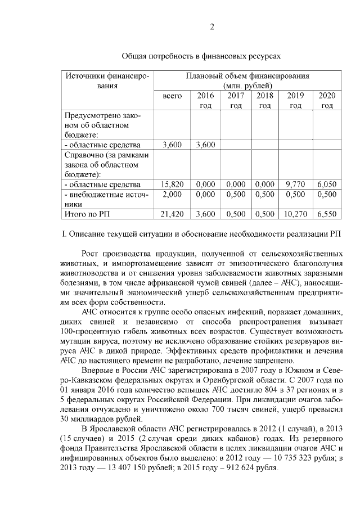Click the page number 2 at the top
[212, 27]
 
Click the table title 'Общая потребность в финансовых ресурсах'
[201, 56]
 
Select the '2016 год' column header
[206, 101]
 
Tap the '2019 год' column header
[295, 101]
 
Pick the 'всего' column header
[172, 96]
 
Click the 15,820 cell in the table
[172, 184]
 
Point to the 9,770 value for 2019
[295, 184]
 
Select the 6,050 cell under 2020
[326, 184]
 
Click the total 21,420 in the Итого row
[172, 214]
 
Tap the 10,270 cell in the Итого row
[295, 214]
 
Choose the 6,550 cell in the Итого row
[326, 214]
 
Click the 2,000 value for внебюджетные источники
[172, 194]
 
